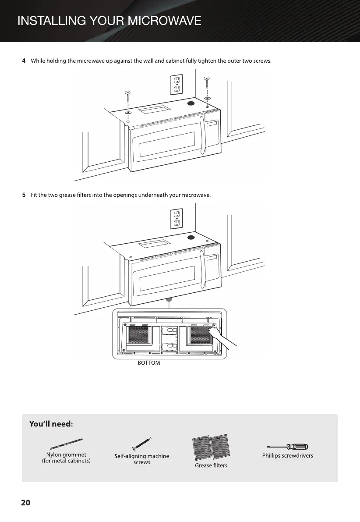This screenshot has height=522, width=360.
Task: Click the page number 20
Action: [26, 503]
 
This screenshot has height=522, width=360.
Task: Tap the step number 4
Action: [24, 60]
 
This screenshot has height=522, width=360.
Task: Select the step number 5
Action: [24, 195]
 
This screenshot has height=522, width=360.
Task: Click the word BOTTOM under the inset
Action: [149, 363]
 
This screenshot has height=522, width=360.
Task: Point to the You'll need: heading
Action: [51, 424]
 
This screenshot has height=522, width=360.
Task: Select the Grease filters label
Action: [211, 465]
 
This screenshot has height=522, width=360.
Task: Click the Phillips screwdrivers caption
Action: [288, 456]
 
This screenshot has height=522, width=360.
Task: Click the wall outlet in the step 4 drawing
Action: [176, 84]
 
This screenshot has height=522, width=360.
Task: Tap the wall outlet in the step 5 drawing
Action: [176, 218]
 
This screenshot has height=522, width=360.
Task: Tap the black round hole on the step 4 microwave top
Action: [191, 104]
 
